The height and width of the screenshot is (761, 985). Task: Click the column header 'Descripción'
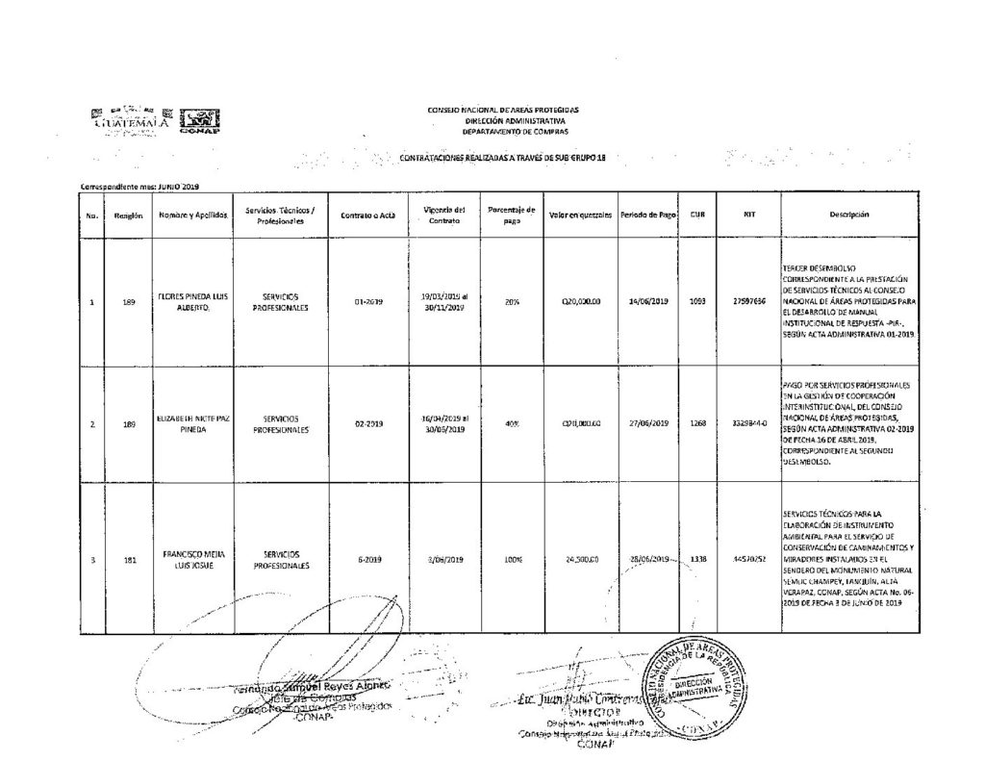pos(849,216)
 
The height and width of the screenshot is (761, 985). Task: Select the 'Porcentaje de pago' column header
pos(511,216)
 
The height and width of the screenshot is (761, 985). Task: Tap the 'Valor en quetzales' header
pos(581,216)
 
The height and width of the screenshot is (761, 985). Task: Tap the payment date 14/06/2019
pos(648,301)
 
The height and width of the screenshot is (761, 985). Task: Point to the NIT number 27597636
pos(747,301)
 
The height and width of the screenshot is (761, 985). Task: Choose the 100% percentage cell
pos(511,559)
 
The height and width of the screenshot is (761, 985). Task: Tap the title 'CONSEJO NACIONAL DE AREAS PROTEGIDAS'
pos(503,112)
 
